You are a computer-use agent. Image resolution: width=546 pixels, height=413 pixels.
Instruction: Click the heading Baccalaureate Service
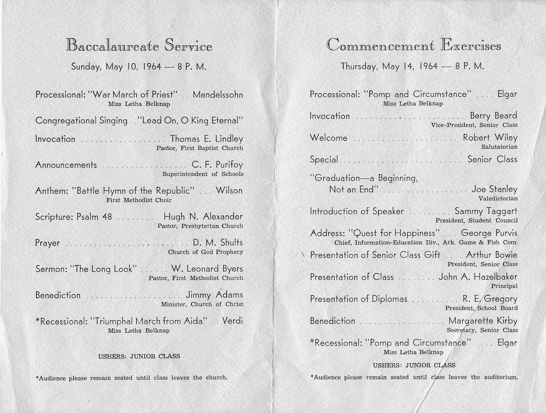pyautogui.click(x=139, y=46)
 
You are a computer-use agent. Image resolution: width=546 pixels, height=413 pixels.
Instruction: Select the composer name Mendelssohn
pyautogui.click(x=218, y=94)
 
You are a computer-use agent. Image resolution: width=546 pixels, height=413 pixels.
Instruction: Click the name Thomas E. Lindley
pyautogui.click(x=206, y=139)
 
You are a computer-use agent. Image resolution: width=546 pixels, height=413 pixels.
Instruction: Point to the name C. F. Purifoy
pyautogui.click(x=217, y=165)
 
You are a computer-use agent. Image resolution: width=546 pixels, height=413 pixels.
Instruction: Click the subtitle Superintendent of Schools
pyautogui.click(x=203, y=174)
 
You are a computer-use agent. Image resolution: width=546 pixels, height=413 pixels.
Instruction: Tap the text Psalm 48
pyautogui.click(x=94, y=217)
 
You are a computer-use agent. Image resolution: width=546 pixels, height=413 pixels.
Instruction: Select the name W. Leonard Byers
pyautogui.click(x=207, y=269)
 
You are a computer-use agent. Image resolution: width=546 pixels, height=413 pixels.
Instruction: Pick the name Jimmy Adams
pyautogui.click(x=214, y=295)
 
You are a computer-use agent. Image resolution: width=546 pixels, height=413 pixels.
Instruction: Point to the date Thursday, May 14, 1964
pyautogui.click(x=389, y=66)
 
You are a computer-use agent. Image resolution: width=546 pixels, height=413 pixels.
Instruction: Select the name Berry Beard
pyautogui.click(x=493, y=116)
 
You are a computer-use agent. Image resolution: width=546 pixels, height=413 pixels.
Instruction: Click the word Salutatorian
pyautogui.click(x=499, y=147)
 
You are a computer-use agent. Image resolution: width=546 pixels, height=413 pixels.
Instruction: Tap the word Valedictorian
pyautogui.click(x=498, y=199)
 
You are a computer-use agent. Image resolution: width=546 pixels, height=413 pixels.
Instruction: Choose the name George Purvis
pyautogui.click(x=489, y=233)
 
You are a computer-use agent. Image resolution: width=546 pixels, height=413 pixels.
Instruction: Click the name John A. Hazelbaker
pyautogui.click(x=478, y=277)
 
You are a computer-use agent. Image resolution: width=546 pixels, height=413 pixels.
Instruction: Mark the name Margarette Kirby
pyautogui.click(x=483, y=321)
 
